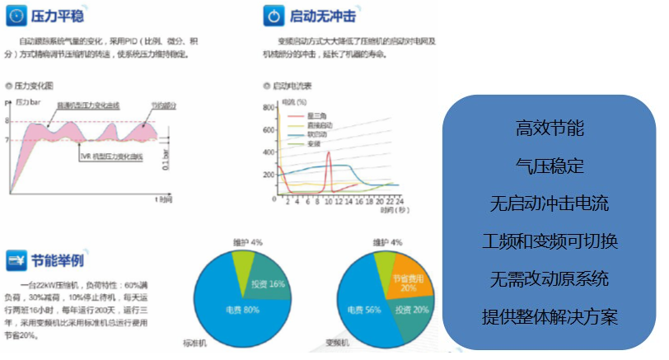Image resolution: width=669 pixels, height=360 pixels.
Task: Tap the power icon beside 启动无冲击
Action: [274, 15]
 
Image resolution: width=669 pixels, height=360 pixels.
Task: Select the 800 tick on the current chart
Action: [266, 108]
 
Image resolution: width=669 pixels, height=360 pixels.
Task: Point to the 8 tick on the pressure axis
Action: [7, 120]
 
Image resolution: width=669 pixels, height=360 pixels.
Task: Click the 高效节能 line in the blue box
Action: [550, 129]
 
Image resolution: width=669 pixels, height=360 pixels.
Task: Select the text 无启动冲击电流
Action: [550, 203]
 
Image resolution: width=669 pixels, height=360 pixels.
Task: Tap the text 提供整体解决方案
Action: [550, 317]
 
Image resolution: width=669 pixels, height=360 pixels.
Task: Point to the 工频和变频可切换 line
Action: [550, 241]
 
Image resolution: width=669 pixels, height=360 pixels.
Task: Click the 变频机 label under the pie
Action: [339, 341]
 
